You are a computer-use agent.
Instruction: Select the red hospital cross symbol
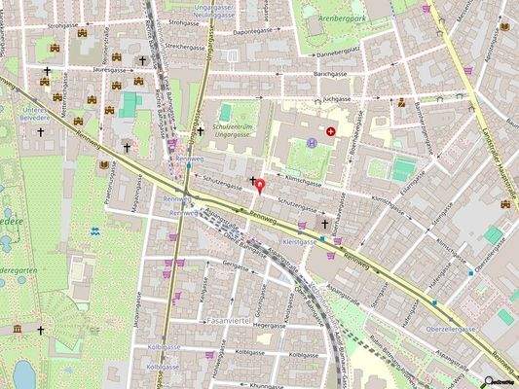330,129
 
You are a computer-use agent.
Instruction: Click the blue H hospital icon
312,143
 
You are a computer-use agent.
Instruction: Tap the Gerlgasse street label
236,264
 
